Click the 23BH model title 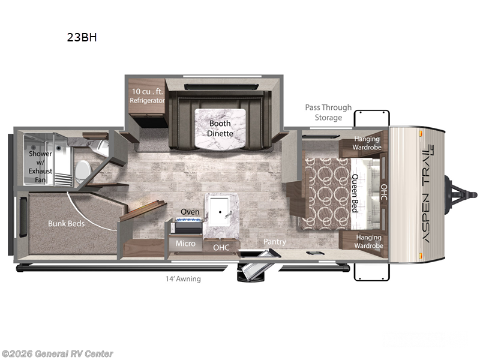[82, 37]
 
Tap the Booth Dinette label [220, 128]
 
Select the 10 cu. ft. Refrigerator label [147, 96]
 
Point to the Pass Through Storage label [328, 112]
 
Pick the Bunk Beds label [67, 223]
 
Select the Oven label [190, 212]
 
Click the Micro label [185, 244]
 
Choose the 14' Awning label [184, 278]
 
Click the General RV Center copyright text [58, 353]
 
